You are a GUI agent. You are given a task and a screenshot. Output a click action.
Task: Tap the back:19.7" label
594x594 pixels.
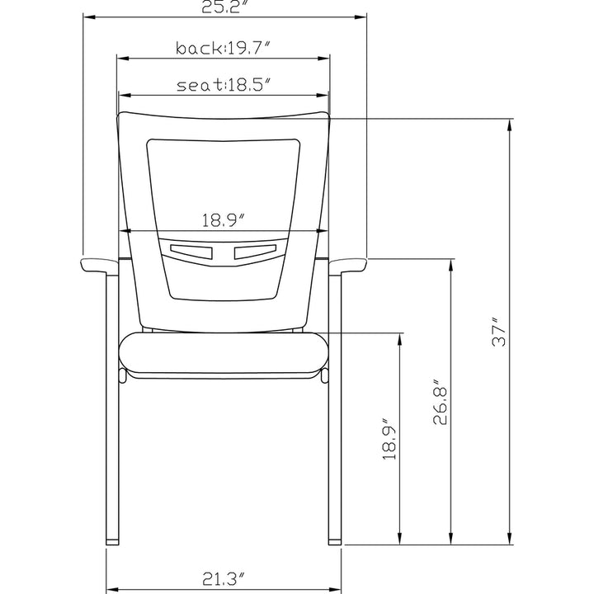click(224, 48)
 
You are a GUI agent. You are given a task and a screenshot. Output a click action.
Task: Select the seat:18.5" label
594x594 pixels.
click(224, 85)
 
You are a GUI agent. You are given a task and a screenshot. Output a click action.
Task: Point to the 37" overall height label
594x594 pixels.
click(499, 332)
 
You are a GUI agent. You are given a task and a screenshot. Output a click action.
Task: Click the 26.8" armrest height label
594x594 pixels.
click(441, 402)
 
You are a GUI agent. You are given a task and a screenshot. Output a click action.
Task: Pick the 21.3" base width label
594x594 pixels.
click(224, 579)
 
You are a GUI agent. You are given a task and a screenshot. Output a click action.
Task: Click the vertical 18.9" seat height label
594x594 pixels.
click(389, 440)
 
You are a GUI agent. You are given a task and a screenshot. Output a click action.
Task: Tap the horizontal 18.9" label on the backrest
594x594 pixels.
click(224, 220)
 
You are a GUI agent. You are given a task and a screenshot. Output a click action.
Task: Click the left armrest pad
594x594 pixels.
click(99, 265)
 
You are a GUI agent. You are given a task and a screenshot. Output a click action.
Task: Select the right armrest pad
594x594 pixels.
click(348, 265)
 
